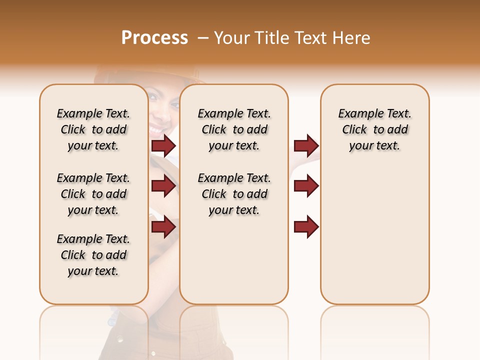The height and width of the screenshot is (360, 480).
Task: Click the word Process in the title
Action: tap(154, 38)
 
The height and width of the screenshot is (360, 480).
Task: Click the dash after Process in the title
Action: tap(203, 38)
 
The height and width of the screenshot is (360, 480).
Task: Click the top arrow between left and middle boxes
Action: tap(163, 145)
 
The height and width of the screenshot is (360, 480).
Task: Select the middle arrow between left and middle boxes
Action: tap(163, 186)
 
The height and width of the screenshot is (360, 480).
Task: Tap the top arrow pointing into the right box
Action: tap(306, 145)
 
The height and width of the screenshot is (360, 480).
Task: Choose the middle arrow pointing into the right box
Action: tap(306, 186)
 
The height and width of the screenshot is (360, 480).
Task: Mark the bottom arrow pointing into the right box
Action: tap(306, 226)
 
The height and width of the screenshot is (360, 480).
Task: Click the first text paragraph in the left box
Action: tap(93, 129)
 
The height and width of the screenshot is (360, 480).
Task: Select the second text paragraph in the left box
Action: tap(93, 194)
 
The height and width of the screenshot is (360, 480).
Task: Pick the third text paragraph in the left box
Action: tap(93, 255)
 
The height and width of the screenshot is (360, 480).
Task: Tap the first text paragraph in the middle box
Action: tap(234, 129)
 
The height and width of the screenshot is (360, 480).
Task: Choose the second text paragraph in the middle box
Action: tap(234, 194)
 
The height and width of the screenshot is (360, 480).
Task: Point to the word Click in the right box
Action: tap(354, 130)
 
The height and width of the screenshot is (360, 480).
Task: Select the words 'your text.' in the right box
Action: tap(374, 146)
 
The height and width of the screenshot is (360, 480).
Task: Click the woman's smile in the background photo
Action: tap(156, 130)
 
